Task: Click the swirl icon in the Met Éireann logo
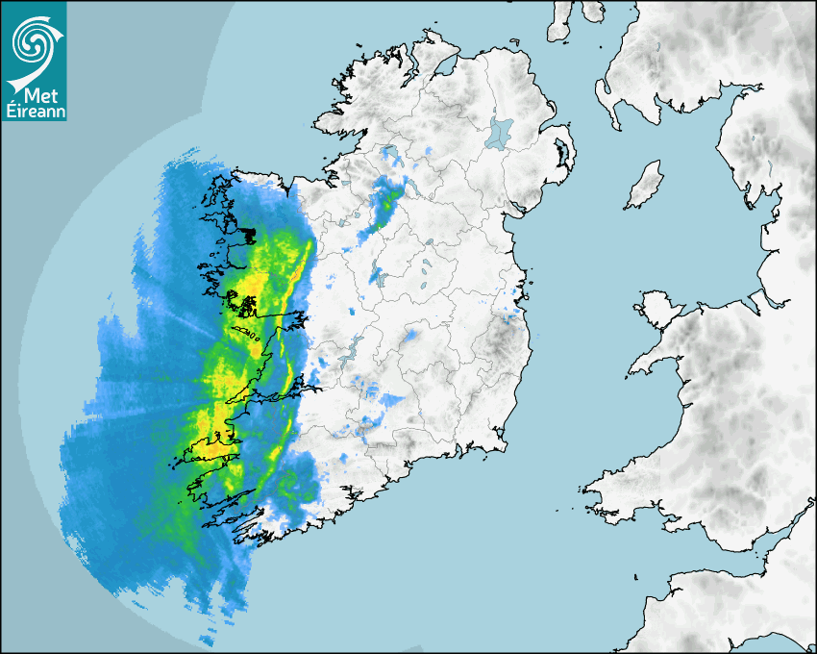coord(35,43)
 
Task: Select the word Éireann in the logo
coord(34,112)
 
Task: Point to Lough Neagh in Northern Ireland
coord(500,132)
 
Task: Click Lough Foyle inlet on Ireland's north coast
coord(445,68)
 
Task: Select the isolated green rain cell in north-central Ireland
coord(388,201)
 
